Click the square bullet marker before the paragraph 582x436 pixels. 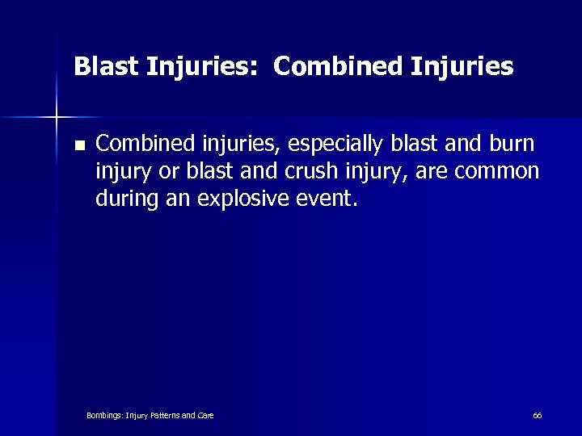[78, 146]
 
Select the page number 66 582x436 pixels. [537, 415]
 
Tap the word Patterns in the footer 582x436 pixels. [165, 415]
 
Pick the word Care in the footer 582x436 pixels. [205, 415]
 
